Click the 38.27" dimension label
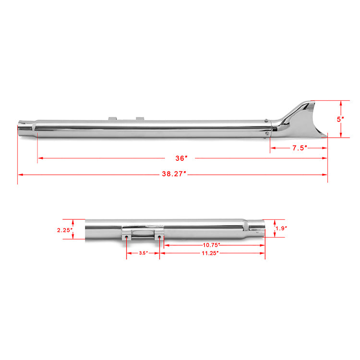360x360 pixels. pyautogui.click(x=174, y=174)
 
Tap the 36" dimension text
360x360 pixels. pyautogui.click(x=181, y=158)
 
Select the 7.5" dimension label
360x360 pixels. pyautogui.click(x=300, y=148)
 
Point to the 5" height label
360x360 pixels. pyautogui.click(x=340, y=119)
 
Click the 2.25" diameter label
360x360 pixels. pyautogui.click(x=65, y=230)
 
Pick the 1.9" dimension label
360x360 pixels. pyautogui.click(x=281, y=228)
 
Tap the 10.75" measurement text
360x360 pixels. pyautogui.click(x=212, y=245)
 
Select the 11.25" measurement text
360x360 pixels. pyautogui.click(x=210, y=253)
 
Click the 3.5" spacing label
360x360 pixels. pyautogui.click(x=144, y=253)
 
